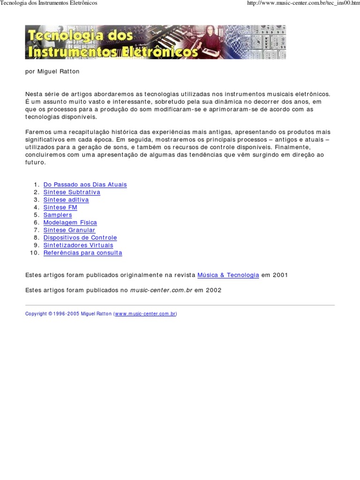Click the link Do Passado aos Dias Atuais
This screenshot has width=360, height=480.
point(85,185)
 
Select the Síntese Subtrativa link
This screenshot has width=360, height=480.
point(72,192)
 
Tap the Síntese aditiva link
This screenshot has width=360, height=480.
point(66,200)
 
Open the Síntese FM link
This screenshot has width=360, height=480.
point(60,207)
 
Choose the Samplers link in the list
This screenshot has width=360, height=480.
point(58,215)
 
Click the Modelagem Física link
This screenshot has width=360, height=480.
point(70,223)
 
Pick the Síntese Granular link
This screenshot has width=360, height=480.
point(69,230)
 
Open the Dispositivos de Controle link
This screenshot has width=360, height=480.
point(80,238)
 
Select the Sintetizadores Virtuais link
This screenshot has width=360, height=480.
point(78,245)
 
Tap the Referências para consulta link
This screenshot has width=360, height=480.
point(82,253)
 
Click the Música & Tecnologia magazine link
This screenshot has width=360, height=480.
point(228,275)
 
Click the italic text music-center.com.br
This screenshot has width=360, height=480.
point(161,290)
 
